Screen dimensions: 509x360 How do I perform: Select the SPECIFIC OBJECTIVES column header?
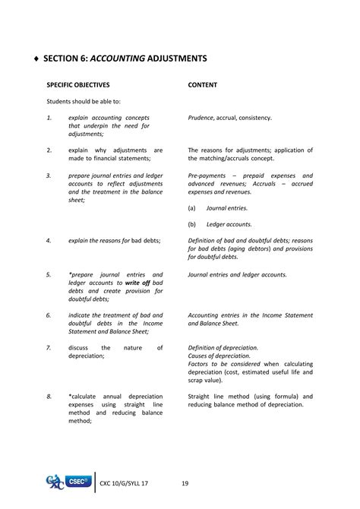click(x=78, y=85)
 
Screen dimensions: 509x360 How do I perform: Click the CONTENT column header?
click(x=203, y=85)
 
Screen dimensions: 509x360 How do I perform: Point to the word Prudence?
click(x=204, y=118)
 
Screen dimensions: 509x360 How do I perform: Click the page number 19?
click(x=185, y=483)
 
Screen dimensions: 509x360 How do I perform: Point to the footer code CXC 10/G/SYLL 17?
click(x=125, y=483)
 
